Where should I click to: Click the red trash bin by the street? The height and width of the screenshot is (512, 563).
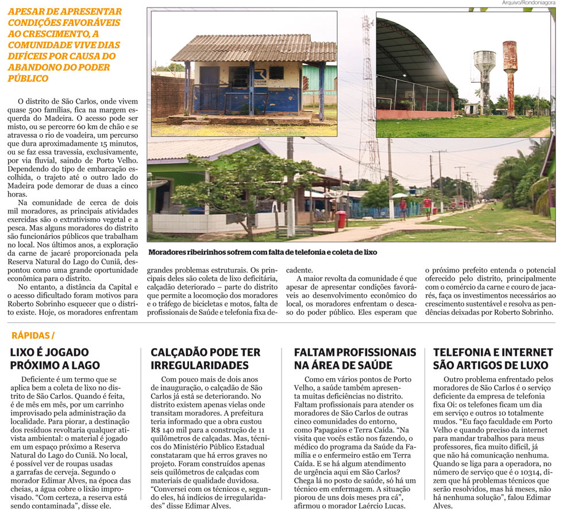[342, 218]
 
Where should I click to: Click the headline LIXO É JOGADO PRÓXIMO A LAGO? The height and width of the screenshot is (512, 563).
[55, 358]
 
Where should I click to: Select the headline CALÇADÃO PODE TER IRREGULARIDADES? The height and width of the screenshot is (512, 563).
[205, 358]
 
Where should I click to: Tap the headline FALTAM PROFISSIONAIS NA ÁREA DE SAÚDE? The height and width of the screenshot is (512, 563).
[354, 358]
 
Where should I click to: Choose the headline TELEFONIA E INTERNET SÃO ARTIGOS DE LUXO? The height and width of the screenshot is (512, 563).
[493, 358]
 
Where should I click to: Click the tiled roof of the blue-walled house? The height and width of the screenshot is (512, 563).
[253, 49]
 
